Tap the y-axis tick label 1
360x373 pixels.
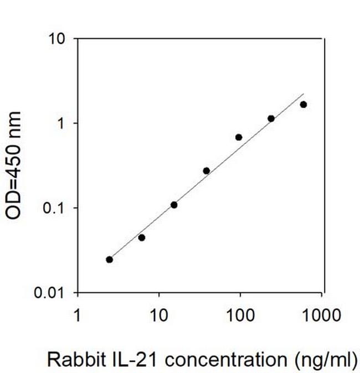(x=63, y=123)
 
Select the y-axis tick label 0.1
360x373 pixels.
(x=55, y=208)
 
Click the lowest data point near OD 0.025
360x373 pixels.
(x=109, y=260)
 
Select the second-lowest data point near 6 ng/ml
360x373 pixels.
(x=142, y=237)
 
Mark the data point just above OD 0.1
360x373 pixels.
(x=174, y=205)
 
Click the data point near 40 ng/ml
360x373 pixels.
(x=207, y=170)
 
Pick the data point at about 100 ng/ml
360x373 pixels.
(x=239, y=137)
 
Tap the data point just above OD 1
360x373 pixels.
(x=271, y=118)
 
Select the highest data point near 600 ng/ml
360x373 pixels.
(x=304, y=105)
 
